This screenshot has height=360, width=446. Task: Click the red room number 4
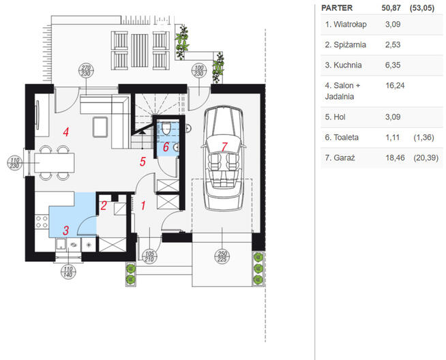(66, 132)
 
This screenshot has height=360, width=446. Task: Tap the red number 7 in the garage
(224, 147)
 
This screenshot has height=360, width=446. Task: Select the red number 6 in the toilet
(166, 147)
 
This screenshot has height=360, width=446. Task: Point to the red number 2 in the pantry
(104, 206)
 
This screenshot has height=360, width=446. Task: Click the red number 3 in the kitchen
(66, 230)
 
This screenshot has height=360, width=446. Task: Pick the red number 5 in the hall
(143, 162)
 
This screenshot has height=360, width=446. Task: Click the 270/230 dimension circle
(86, 71)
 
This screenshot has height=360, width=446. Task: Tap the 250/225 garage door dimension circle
(222, 257)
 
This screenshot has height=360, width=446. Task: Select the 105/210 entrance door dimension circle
(149, 257)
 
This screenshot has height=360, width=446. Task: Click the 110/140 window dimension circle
(68, 272)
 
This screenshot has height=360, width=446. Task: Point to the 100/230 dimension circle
(199, 71)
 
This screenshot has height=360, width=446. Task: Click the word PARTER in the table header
(337, 8)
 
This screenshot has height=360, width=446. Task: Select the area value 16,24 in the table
(395, 86)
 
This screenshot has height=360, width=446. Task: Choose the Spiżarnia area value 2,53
(393, 44)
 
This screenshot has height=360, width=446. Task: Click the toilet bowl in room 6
(166, 128)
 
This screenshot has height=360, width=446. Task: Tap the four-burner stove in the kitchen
(42, 222)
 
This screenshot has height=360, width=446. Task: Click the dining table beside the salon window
(55, 163)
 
